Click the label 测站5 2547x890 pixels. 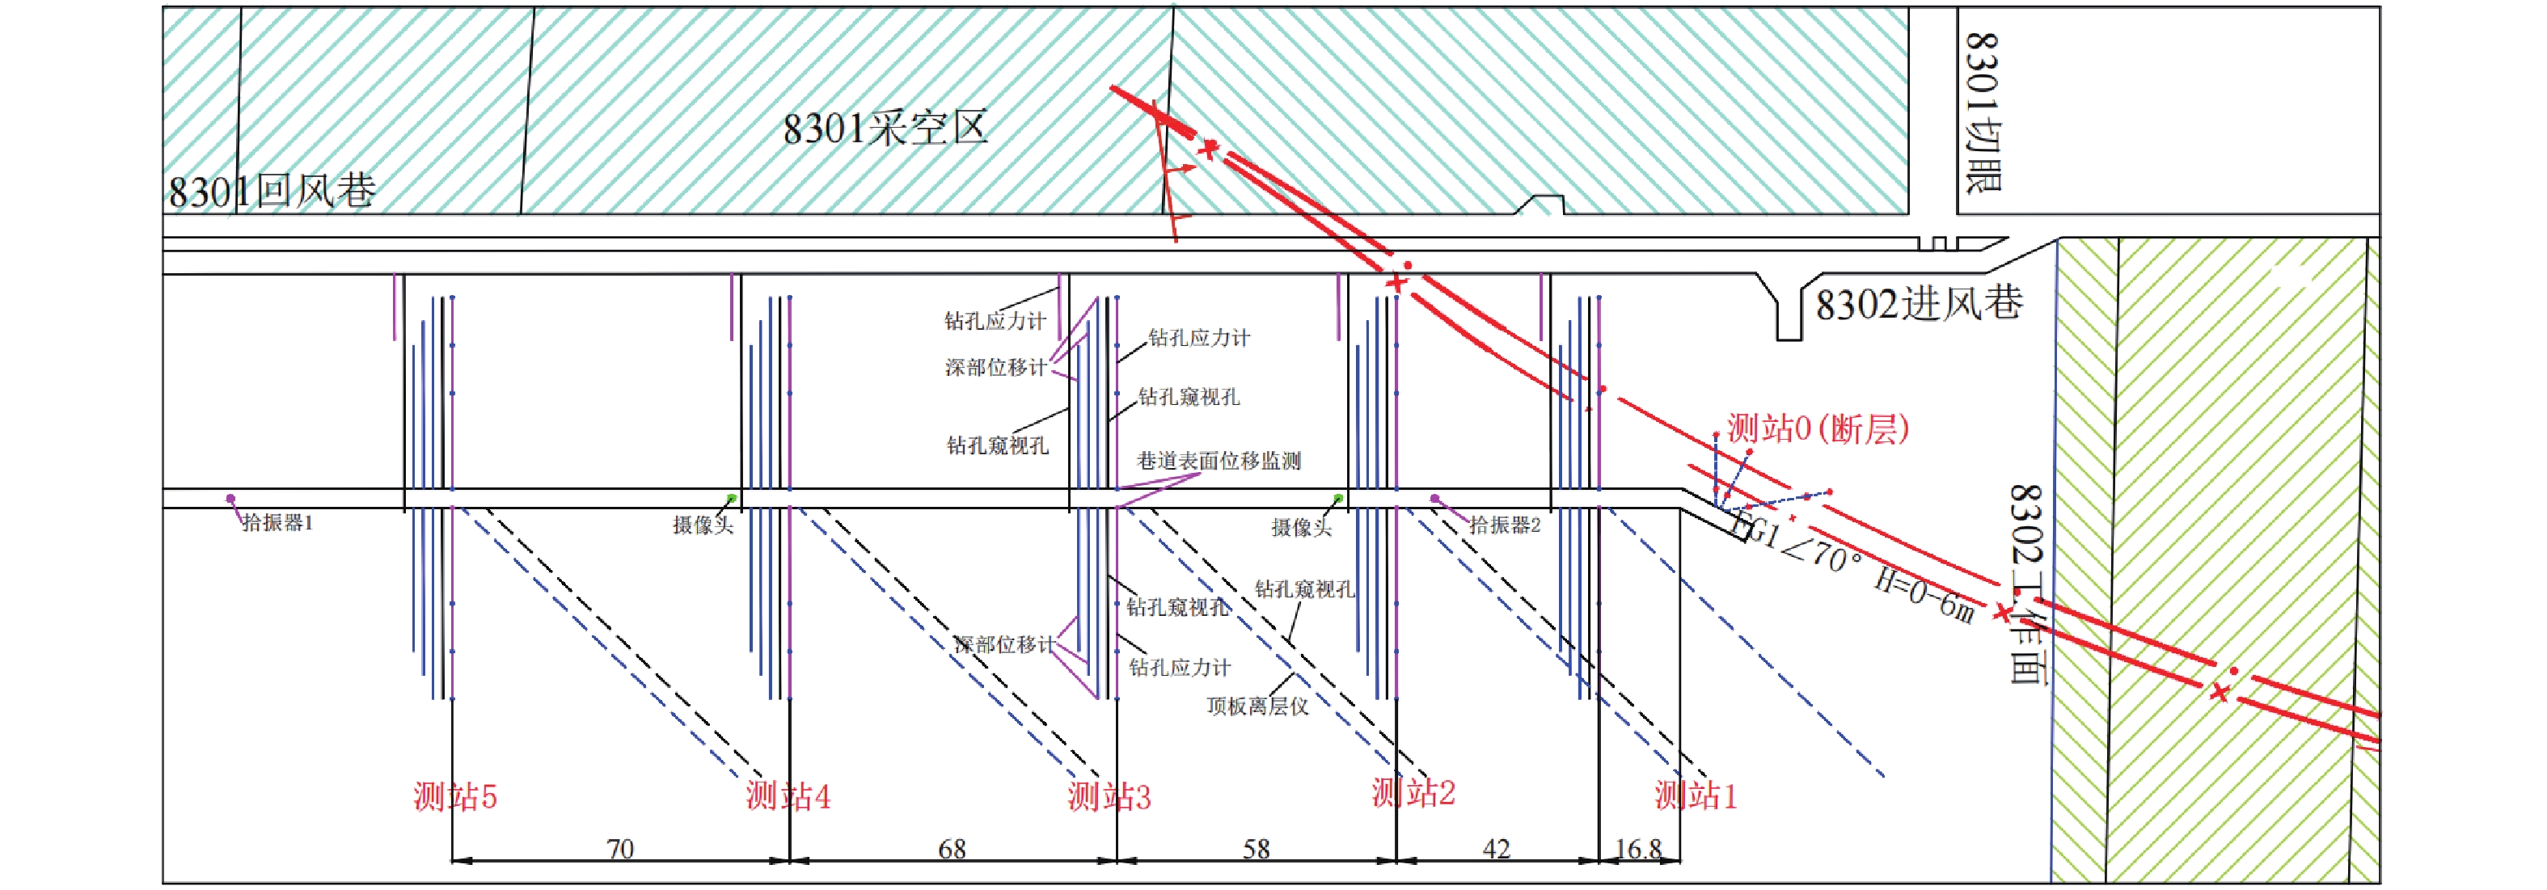coord(454,796)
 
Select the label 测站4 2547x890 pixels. coord(788,796)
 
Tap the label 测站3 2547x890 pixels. coord(1109,796)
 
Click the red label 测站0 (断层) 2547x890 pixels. coord(1818,428)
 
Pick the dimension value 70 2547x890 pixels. coord(620,849)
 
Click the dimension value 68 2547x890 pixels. coord(951,849)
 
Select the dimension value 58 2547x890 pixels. coord(1256,849)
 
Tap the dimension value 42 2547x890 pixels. coord(1496,849)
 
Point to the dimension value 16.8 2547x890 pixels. coord(1638,849)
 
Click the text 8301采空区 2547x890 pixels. coord(885,129)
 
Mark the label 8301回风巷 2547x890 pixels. coord(272,191)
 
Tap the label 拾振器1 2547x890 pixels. coord(278,523)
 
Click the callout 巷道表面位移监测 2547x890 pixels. coord(1219,461)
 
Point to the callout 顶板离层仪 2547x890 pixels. coord(1257,706)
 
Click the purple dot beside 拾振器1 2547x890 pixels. coord(230,500)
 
